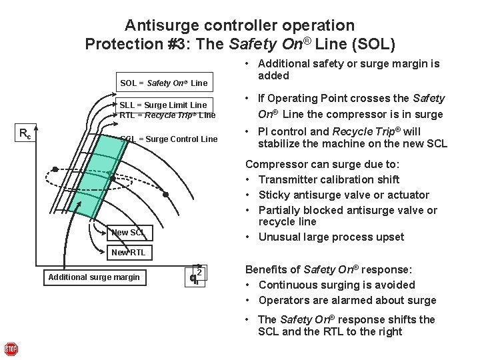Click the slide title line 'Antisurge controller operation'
pos(239,26)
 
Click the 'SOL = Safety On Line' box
pos(163,83)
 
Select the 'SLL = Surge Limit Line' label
pos(163,105)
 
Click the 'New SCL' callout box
pos(128,233)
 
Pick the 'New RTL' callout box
pos(128,252)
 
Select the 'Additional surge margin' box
pos(93,277)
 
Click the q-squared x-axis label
pos(196,275)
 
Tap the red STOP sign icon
pos(11,349)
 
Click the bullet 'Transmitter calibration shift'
pos(329,179)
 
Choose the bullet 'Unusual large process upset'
pos(331,237)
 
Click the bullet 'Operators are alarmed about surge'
pos(347,300)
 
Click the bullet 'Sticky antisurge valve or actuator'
pos(343,195)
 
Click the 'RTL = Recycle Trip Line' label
pos(167,115)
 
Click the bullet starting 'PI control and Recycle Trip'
pos(346,137)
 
